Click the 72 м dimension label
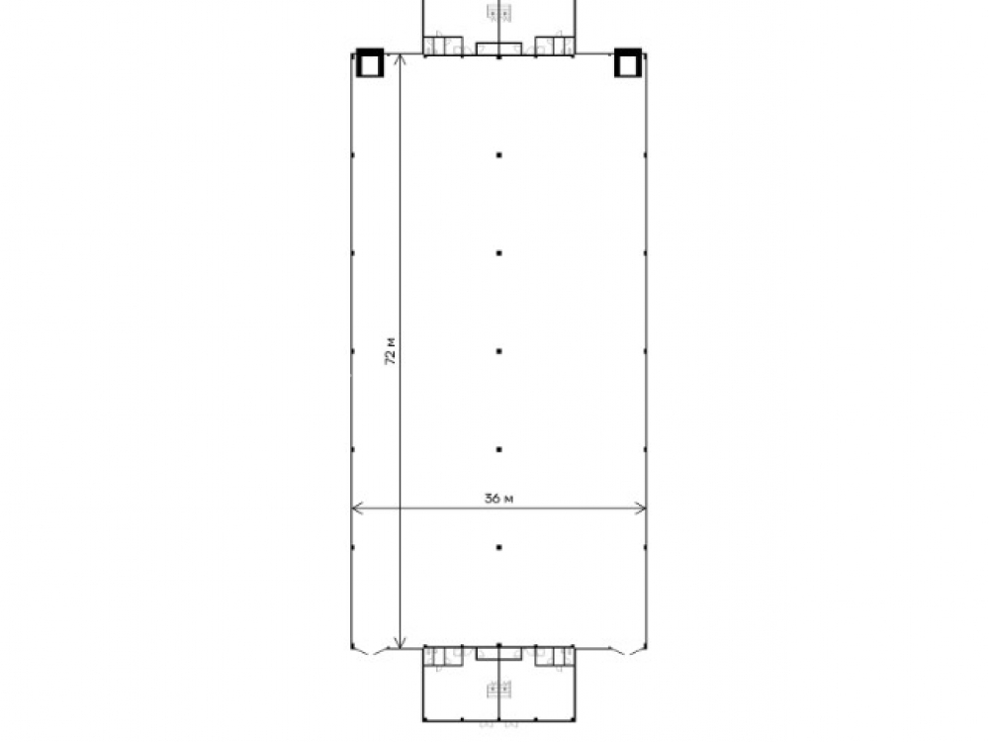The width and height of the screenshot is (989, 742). point(391,351)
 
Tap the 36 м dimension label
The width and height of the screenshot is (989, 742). point(498,499)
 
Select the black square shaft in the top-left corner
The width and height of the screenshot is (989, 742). point(370,63)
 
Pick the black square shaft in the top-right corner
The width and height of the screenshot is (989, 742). point(628,63)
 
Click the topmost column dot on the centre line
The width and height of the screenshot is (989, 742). point(498,155)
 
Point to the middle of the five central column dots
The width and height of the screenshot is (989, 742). point(498,351)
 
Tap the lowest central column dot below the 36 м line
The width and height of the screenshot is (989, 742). point(498,548)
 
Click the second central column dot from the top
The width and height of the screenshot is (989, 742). point(498,253)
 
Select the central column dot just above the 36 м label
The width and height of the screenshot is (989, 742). point(498,450)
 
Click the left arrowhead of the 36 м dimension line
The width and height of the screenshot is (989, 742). point(356,508)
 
